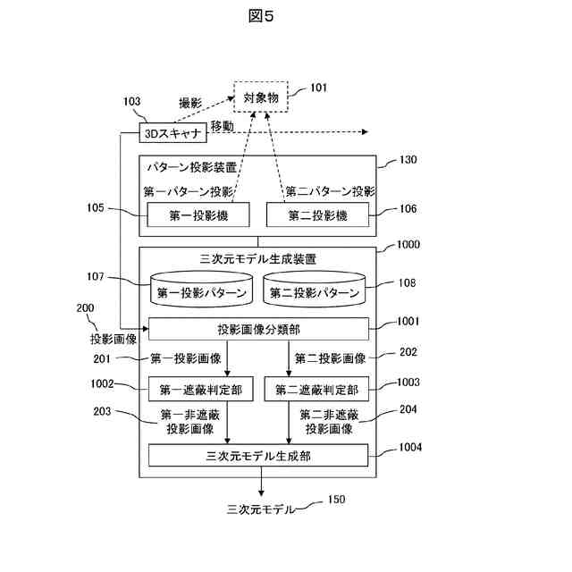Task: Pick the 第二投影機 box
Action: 317,214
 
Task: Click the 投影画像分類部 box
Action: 259,329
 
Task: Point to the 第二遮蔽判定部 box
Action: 317,390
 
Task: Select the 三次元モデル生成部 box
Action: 259,456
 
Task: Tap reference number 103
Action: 131,102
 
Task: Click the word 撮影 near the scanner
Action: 191,102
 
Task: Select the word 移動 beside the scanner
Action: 223,126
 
